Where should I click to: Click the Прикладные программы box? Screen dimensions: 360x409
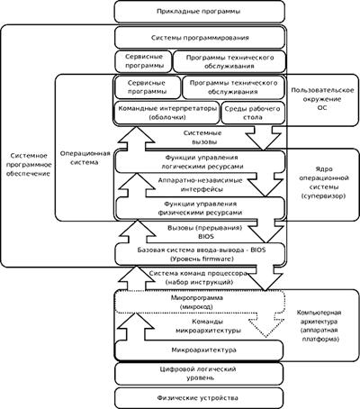click(200, 12)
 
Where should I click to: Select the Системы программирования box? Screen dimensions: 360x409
click(200, 38)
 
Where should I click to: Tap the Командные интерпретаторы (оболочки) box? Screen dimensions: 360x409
click(166, 113)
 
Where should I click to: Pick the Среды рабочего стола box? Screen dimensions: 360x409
click(253, 113)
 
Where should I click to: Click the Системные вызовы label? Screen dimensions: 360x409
click(202, 137)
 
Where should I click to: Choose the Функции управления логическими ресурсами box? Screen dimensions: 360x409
click(201, 162)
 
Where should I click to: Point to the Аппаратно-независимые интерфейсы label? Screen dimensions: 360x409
click(201, 185)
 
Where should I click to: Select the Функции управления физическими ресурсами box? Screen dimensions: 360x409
click(201, 208)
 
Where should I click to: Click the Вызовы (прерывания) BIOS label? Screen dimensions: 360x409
click(205, 232)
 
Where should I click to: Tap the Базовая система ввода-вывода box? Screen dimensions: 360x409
click(201, 254)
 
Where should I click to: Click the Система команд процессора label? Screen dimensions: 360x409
click(199, 277)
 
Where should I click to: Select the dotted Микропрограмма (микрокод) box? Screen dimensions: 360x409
click(200, 302)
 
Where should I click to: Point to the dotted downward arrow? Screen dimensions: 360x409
click(265, 325)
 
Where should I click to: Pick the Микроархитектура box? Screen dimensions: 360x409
click(200, 350)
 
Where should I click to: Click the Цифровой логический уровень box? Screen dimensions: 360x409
click(199, 373)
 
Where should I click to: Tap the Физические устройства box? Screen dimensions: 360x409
click(199, 398)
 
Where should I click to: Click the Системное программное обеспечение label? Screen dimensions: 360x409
click(29, 165)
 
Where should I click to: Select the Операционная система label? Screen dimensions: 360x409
click(85, 158)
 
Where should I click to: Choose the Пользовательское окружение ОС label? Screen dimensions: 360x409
click(322, 99)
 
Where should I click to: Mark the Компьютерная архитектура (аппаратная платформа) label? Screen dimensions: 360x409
click(319, 326)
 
